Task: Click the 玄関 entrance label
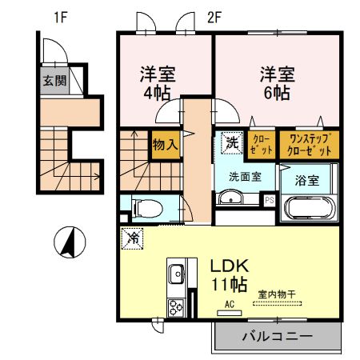point(55,81)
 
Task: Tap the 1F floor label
point(61,16)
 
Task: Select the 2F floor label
point(213,16)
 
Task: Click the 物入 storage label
point(165,145)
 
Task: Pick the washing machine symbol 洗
point(230,144)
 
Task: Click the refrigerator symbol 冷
point(134,238)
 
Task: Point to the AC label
point(228,305)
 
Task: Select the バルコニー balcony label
point(278,336)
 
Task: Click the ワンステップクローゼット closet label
point(304,145)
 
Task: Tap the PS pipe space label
point(269,200)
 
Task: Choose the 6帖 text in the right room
point(277,93)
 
